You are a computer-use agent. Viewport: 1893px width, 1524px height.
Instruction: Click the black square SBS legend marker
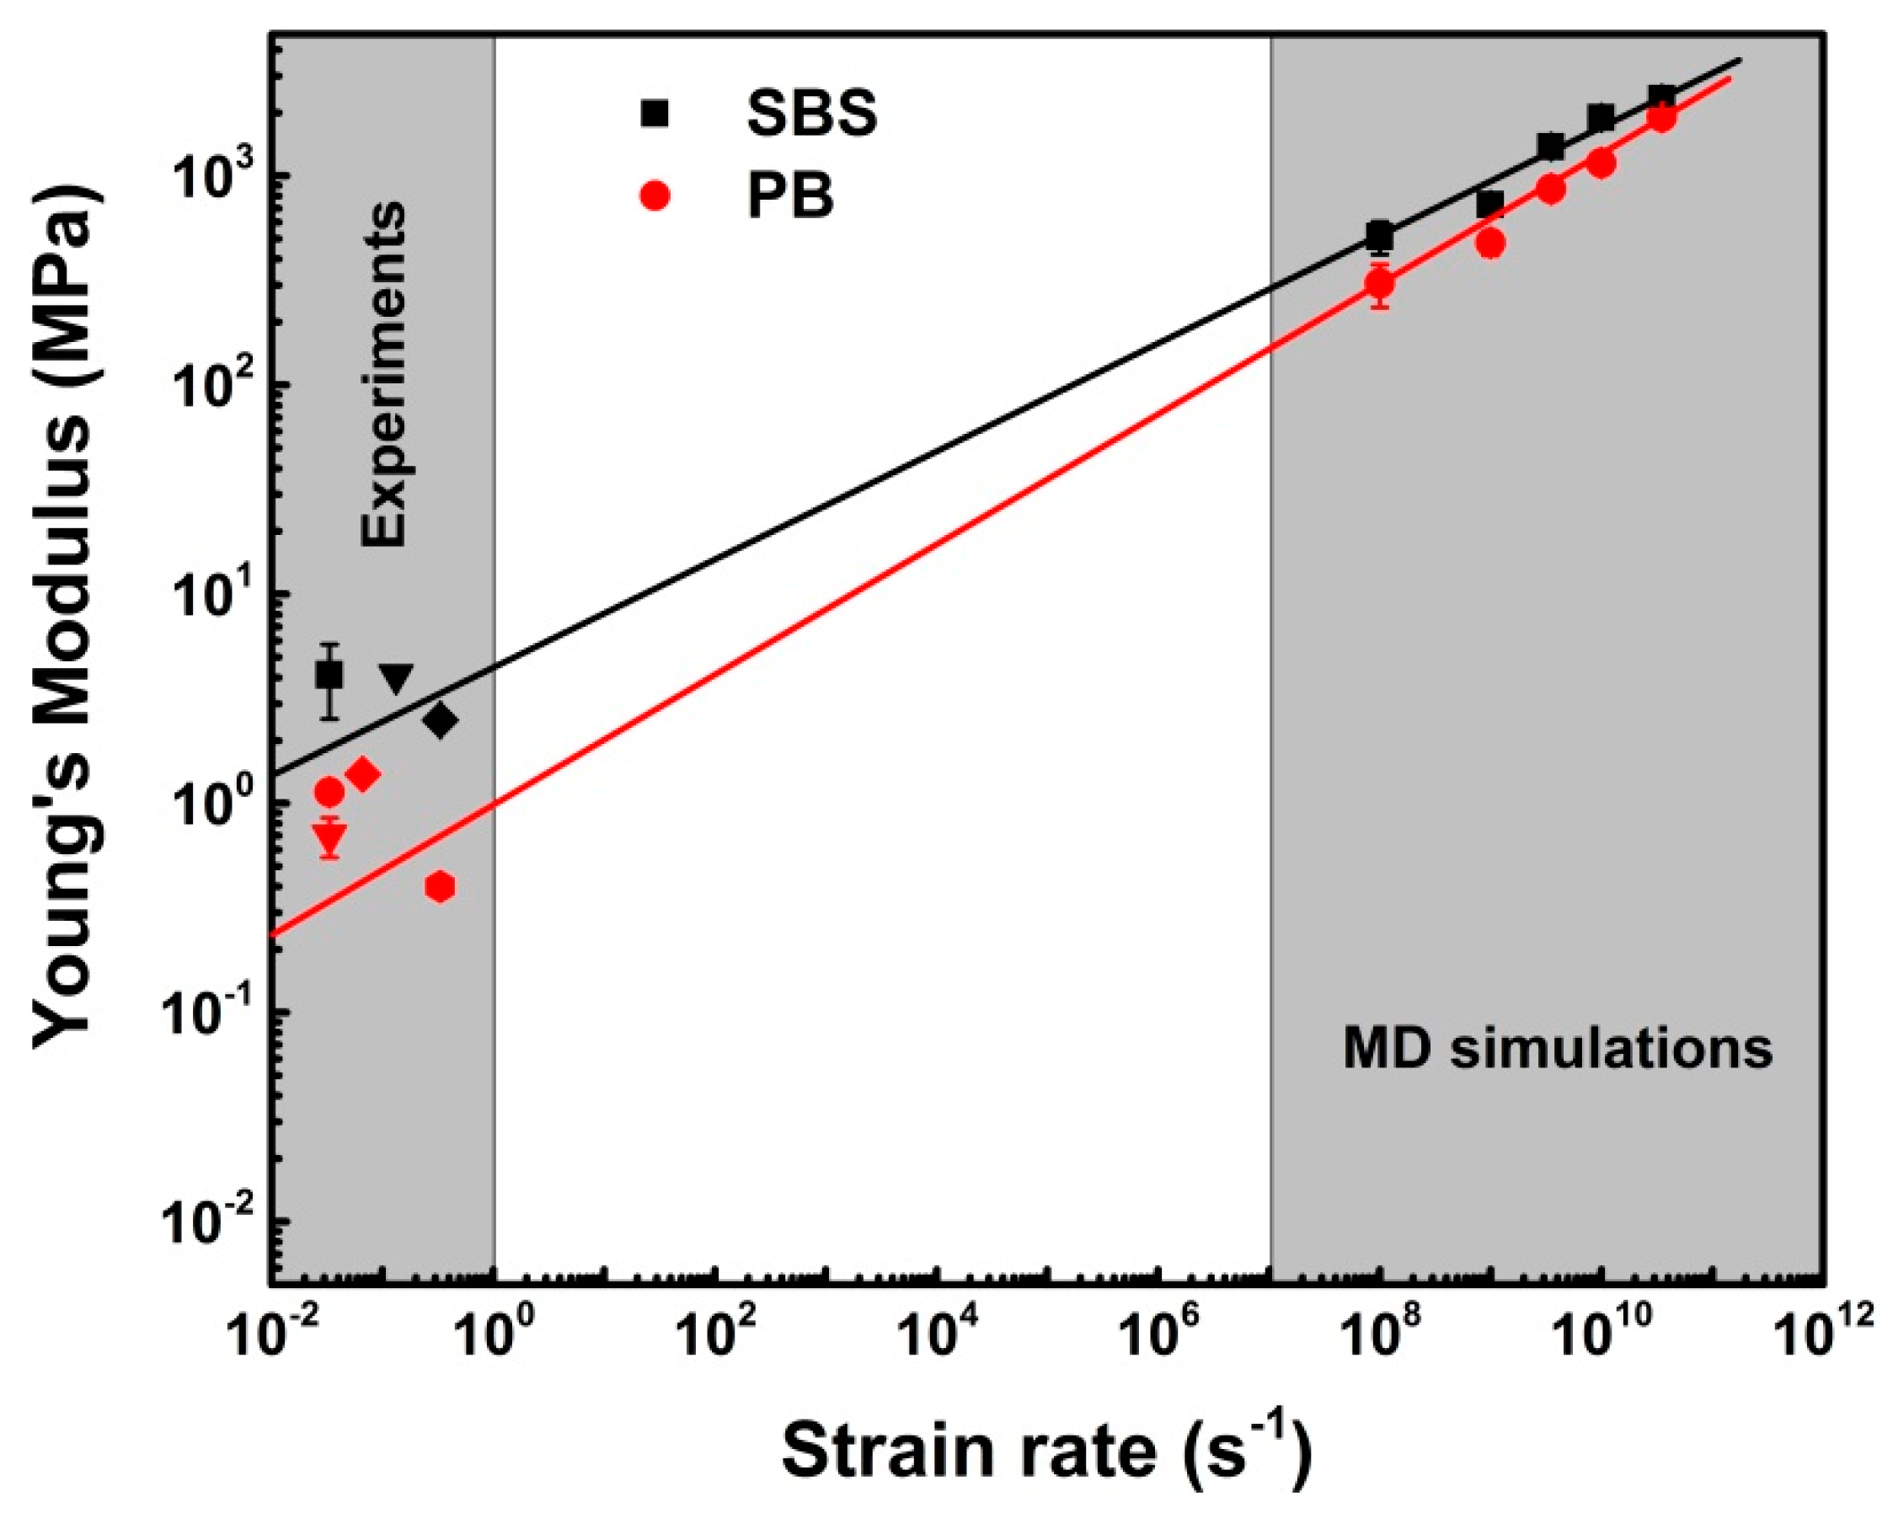pos(655,113)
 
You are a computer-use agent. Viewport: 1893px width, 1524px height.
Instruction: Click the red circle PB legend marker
pos(655,195)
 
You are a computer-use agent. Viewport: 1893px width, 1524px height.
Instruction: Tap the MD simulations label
pos(1557,1048)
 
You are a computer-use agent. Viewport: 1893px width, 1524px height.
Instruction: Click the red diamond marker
pos(362,774)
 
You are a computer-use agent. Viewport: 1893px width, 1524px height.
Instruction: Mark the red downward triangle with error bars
pos(330,837)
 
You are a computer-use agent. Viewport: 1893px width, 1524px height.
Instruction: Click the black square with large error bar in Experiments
pos(329,675)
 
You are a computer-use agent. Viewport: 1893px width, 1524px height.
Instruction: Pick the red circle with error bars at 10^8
pos(1380,284)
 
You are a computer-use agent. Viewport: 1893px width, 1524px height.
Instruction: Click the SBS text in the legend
pos(812,112)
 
